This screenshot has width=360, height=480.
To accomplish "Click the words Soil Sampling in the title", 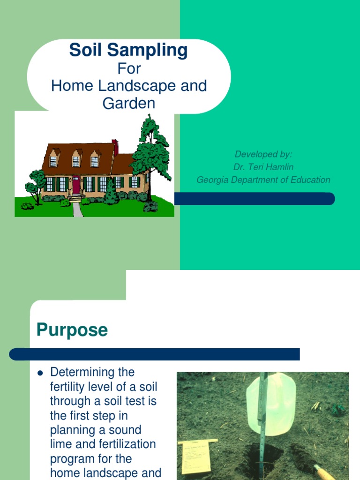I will click(x=128, y=50).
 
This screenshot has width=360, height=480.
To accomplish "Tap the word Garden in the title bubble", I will click(x=128, y=103).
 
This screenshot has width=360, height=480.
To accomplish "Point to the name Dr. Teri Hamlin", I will click(x=263, y=167).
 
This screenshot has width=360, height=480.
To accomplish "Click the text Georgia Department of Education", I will click(x=263, y=180).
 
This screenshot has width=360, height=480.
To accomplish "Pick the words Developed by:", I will click(x=263, y=154).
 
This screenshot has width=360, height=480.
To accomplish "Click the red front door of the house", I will click(x=76, y=185).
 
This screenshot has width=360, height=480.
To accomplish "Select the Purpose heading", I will click(x=72, y=330).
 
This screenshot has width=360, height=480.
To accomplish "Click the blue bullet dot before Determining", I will click(x=40, y=373).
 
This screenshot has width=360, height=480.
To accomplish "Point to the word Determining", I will click(x=92, y=372).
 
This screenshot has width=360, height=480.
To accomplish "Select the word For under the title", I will click(x=129, y=69).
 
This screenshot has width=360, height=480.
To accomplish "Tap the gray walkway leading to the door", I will click(x=78, y=209).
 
